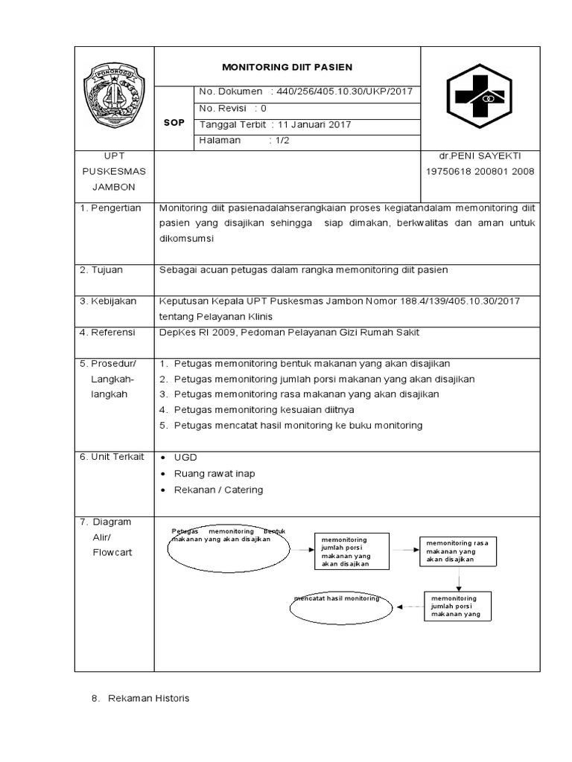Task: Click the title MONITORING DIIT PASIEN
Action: [287, 66]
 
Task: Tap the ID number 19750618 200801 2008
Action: [480, 172]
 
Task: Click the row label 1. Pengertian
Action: [110, 208]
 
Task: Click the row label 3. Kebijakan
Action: [109, 301]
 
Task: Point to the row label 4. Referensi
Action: [109, 332]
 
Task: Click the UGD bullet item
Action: [185, 457]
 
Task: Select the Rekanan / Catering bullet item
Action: [218, 490]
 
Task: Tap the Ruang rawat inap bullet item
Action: [214, 473]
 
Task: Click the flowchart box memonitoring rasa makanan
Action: [457, 551]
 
